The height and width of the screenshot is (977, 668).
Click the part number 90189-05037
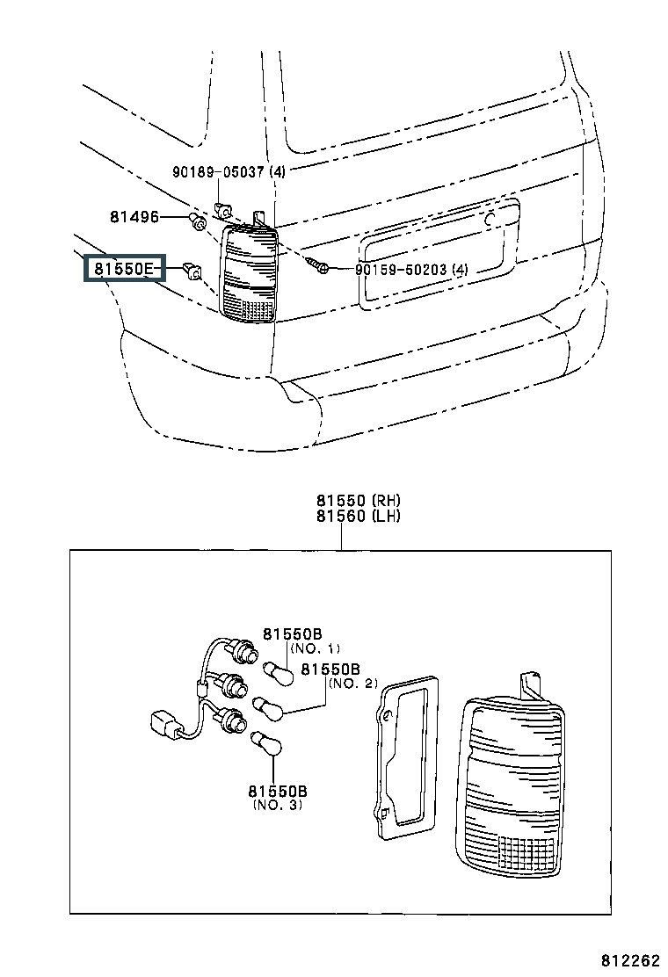(x=220, y=171)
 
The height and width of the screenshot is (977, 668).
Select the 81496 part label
(x=134, y=217)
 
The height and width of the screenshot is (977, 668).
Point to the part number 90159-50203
(x=402, y=269)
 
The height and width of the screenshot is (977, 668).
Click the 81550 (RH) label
(x=359, y=500)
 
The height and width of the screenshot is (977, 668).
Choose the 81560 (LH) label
(x=359, y=516)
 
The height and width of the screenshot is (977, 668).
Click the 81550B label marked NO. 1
(x=292, y=633)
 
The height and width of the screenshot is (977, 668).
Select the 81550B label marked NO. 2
(x=330, y=669)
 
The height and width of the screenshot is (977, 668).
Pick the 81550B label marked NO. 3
(x=278, y=791)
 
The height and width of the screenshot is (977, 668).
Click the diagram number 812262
(x=630, y=959)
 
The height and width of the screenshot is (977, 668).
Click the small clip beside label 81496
(x=197, y=220)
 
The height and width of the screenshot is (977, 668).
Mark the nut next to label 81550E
(x=193, y=271)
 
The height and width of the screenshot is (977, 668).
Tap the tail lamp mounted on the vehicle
(x=250, y=273)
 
